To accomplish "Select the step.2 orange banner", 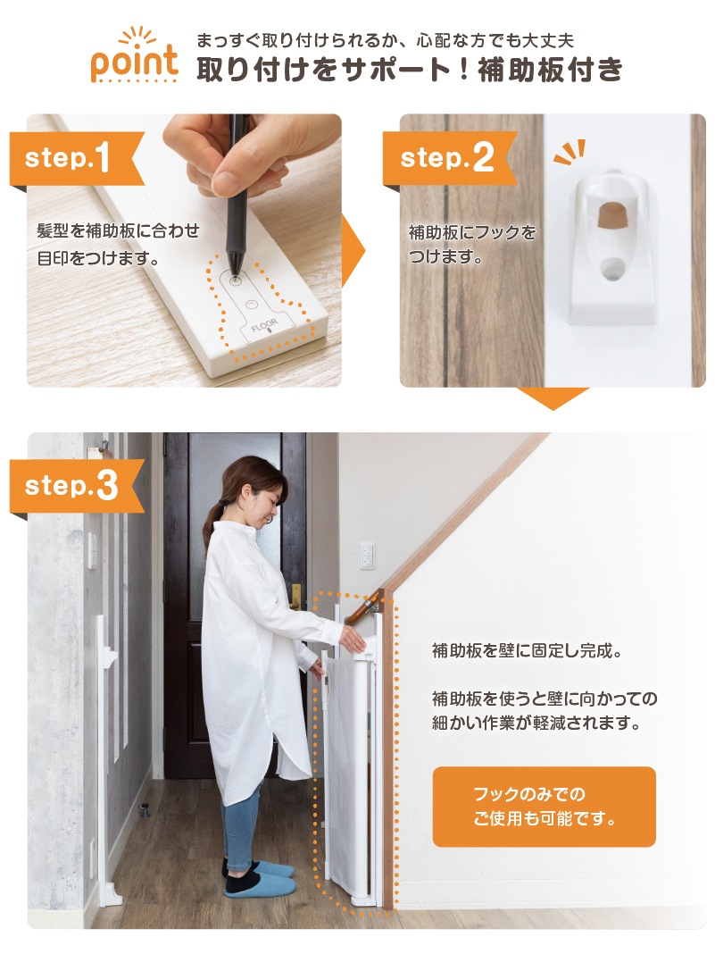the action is pos(449,158).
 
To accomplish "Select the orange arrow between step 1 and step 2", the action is pos(353,250).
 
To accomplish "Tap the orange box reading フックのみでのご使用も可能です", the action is pos(545,807).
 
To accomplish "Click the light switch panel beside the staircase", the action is pos(367,556).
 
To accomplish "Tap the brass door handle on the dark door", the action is pos(296,597).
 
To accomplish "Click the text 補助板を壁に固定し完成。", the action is pos(528,651).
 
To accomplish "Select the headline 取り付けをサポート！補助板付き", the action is pos(410,70).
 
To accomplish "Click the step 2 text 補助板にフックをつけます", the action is pos(472,244).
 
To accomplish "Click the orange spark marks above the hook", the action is pos(570,152).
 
